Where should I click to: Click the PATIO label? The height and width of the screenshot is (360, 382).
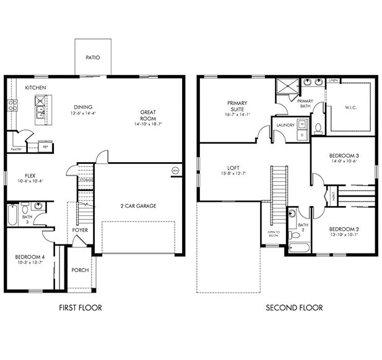tap(93, 58)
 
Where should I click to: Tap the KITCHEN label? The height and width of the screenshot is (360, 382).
tap(35, 88)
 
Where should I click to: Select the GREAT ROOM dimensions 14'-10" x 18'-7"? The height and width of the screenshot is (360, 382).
tap(148, 124)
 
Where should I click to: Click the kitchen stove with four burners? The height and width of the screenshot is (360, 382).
tap(11, 106)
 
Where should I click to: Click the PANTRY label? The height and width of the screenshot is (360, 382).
tap(17, 149)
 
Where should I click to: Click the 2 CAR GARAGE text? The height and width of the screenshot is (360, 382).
tap(138, 205)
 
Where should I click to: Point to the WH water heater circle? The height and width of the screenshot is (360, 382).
tap(175, 170)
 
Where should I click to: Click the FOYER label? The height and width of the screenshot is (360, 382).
tap(80, 230)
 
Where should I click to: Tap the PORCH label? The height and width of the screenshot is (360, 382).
tap(80, 270)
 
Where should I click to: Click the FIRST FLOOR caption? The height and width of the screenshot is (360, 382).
tap(80, 307)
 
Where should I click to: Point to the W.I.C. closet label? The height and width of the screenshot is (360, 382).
tap(351, 107)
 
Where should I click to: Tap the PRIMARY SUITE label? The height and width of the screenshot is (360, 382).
tap(237, 106)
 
